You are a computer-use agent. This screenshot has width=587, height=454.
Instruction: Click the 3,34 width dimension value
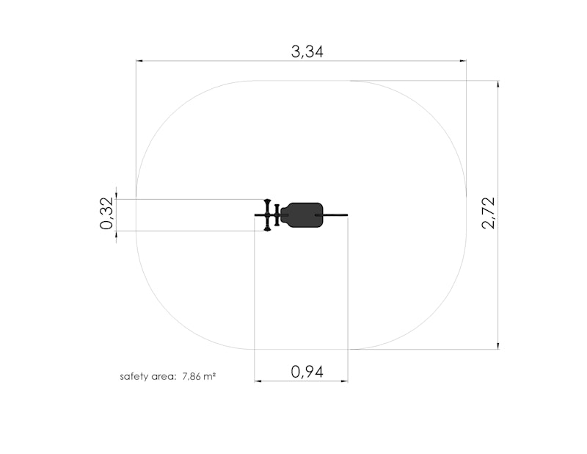pos(307,51)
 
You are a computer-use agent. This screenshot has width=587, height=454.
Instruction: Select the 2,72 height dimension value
pos(489,212)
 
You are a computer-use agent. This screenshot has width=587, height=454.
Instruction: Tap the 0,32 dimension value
pos(106,213)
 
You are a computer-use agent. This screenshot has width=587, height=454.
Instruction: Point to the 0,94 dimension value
pos(307,372)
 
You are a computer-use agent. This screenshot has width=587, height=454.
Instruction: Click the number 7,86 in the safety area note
pos(192,376)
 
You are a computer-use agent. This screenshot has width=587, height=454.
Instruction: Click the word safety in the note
pos(134,376)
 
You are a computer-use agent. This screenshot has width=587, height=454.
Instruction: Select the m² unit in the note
pos(210,376)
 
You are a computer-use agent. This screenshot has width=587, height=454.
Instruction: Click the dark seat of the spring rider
pos(302,215)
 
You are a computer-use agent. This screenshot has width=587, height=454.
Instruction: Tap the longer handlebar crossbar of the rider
pos(267,215)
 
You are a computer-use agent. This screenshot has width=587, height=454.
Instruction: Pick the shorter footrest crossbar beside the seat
pos(277,215)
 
